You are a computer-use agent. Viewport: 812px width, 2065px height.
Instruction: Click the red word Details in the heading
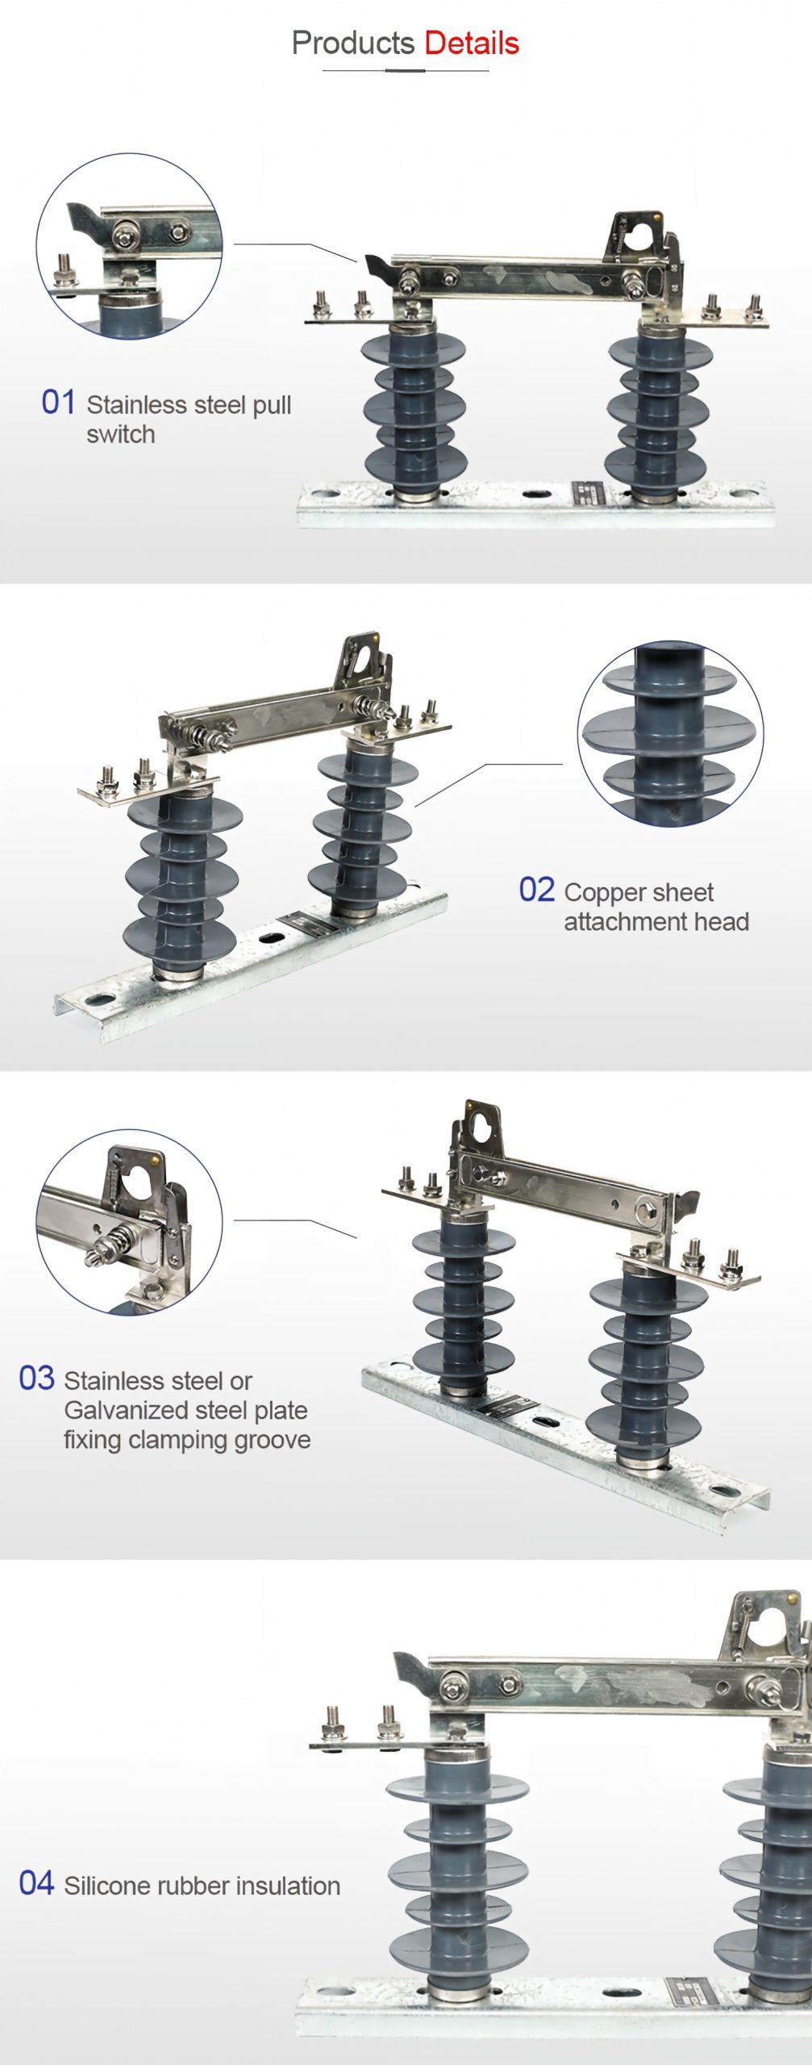point(472,43)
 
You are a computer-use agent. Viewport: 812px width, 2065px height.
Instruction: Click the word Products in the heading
point(353,43)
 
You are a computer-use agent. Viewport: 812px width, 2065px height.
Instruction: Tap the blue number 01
point(58,402)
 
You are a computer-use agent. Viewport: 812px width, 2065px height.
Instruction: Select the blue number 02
point(536,890)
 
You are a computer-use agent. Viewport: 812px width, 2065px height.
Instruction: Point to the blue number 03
point(36,1378)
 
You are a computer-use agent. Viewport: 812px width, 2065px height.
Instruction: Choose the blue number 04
point(36,1884)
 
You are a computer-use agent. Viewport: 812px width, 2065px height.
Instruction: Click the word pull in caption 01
point(272,405)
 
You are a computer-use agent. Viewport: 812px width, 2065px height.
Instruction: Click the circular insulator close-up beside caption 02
point(670,733)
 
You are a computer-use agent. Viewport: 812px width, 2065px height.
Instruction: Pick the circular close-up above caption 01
point(129,246)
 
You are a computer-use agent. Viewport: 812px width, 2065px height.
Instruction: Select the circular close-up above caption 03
point(129,1221)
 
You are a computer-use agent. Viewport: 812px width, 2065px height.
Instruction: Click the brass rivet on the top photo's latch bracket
point(659,215)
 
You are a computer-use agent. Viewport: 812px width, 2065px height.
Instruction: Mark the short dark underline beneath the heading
point(405,71)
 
